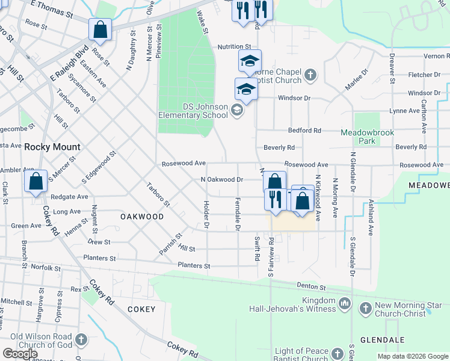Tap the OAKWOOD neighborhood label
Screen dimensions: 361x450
tap(142, 216)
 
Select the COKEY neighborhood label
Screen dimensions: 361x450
tap(141, 309)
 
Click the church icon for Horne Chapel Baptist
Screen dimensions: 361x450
tap(310, 75)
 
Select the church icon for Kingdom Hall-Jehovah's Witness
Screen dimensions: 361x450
tap(344, 304)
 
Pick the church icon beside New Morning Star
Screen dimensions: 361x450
tap(365, 309)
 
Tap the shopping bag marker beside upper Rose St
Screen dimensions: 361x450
tap(100, 29)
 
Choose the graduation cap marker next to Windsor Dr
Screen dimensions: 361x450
tap(245, 90)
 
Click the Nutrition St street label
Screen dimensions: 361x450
tap(234, 46)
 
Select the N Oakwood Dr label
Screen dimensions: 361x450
tap(221, 179)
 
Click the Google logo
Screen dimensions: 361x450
tap(20, 354)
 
